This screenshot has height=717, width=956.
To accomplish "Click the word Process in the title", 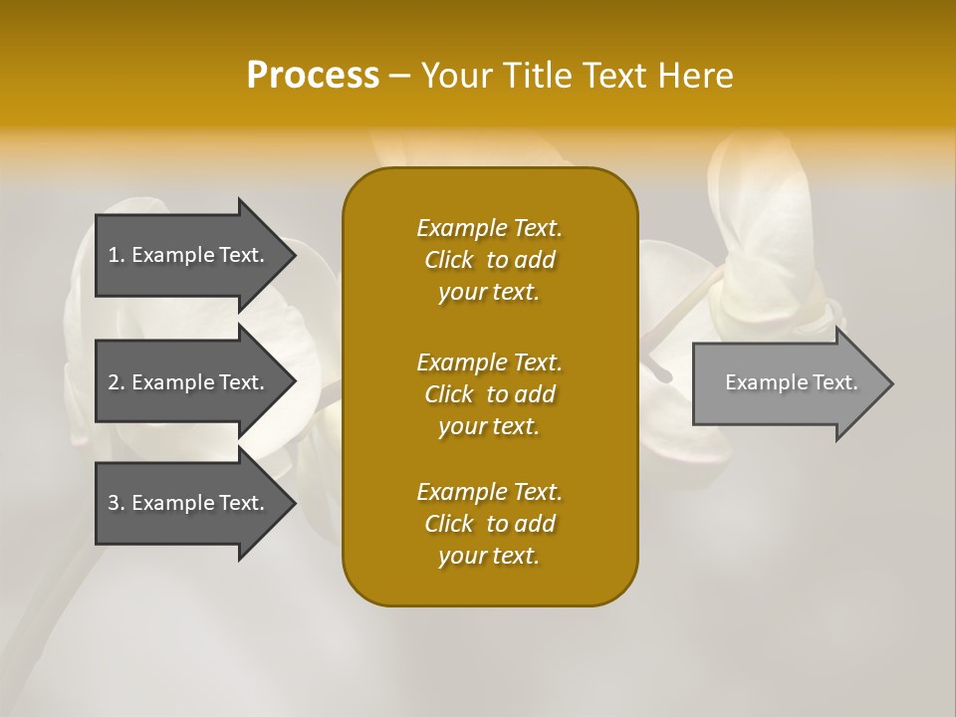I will coord(313,76).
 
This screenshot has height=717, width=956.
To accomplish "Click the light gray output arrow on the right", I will coord(787,383).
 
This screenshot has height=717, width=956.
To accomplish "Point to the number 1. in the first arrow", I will coord(117,255).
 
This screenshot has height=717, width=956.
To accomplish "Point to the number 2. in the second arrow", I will coord(117,382).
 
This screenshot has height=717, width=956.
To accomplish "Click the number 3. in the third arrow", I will coord(117,503).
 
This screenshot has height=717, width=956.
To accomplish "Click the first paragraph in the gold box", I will coord(489,260).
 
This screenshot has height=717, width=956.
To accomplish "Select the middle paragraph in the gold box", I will coord(489,393).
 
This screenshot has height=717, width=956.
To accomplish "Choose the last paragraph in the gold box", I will coord(489,524).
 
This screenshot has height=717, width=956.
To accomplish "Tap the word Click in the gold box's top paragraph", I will coord(449,260).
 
